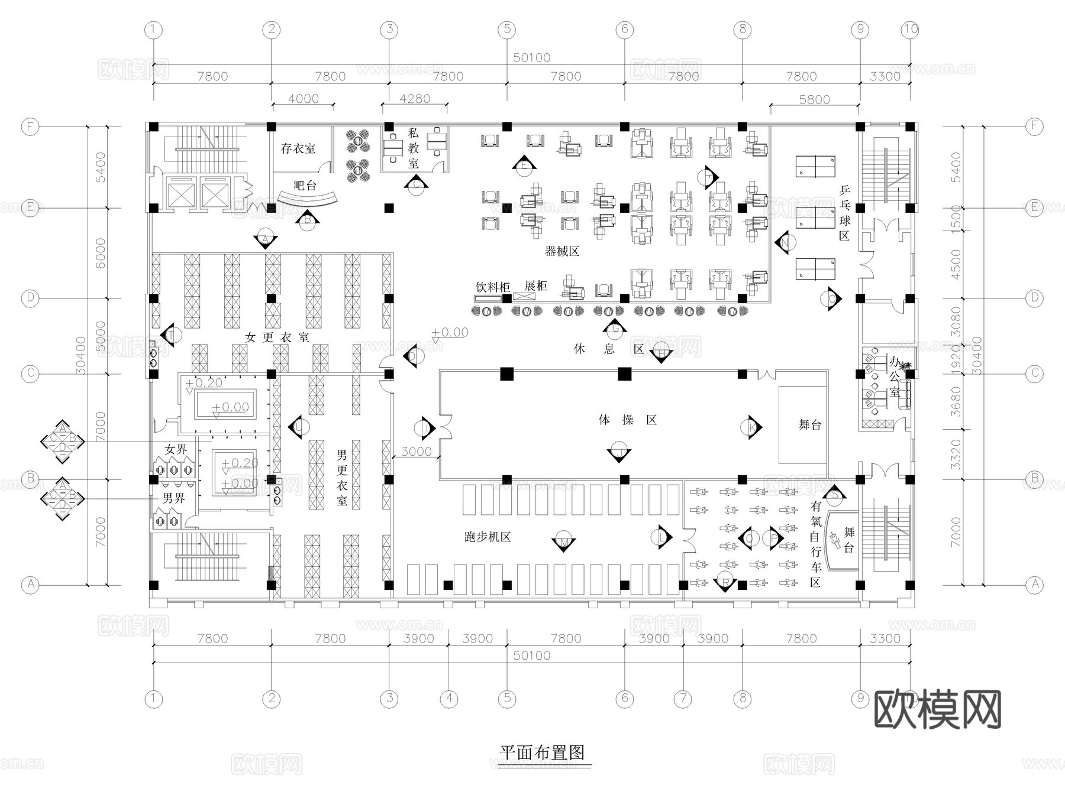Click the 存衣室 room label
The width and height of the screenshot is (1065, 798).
point(298,148)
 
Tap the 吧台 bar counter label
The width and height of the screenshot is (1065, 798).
point(305,186)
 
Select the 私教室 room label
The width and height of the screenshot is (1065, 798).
point(414,148)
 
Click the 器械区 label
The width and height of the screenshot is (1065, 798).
point(561,252)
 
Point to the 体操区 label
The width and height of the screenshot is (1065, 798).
point(628,420)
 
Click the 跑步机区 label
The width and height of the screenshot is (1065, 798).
point(488,537)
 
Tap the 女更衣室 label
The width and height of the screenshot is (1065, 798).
point(277,338)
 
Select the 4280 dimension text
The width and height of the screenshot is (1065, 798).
point(415,99)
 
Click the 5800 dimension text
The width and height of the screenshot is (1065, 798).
point(814,99)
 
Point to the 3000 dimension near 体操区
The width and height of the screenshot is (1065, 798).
point(417,452)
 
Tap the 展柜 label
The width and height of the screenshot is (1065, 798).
point(536,286)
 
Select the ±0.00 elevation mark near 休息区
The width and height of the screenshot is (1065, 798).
point(451,333)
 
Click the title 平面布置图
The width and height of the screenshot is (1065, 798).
point(543,752)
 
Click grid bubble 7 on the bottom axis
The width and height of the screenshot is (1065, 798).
point(683,699)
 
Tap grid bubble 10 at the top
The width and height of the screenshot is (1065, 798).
point(910,29)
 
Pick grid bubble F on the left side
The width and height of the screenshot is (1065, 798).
point(30,126)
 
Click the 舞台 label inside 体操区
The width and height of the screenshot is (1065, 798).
point(809,424)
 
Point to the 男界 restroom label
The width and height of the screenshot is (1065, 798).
point(173,498)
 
